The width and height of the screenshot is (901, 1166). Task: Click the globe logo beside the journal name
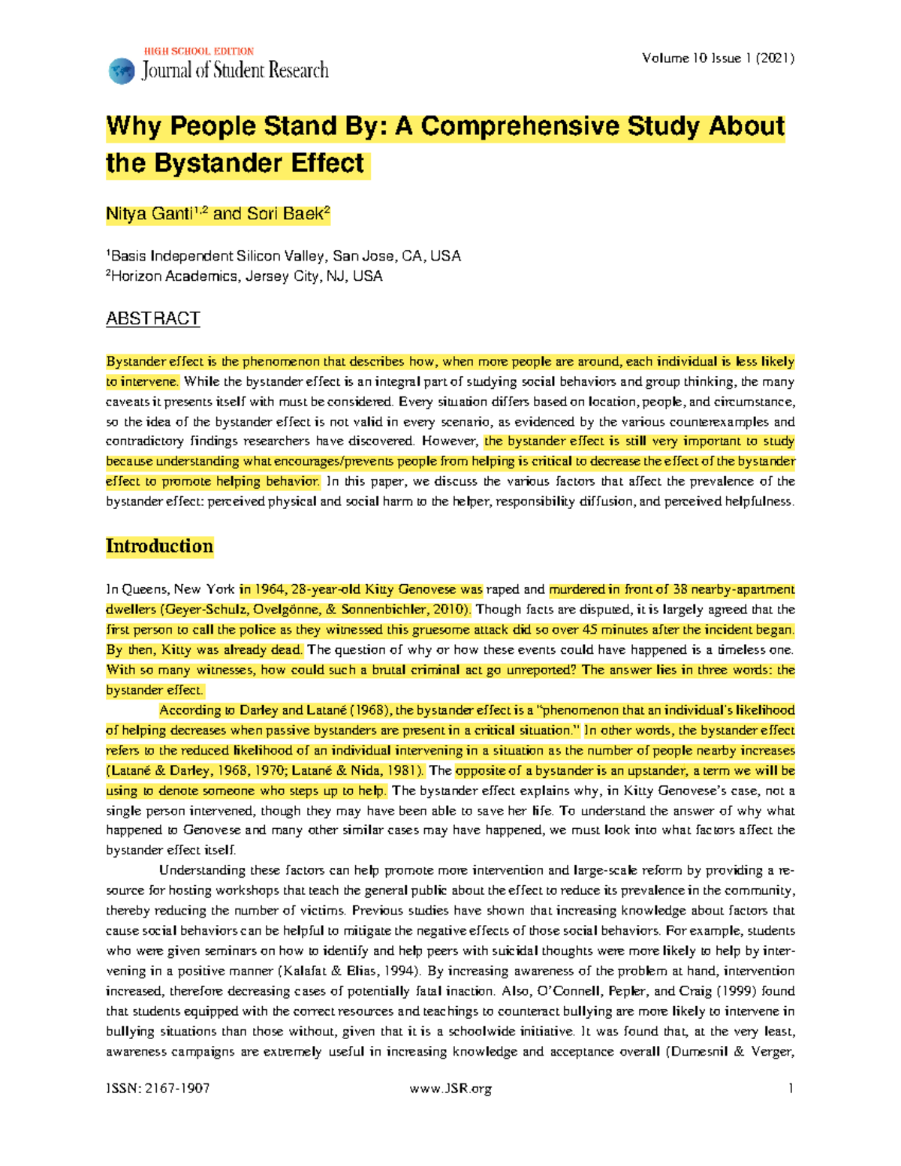121,71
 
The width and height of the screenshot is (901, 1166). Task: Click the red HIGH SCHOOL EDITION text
199,51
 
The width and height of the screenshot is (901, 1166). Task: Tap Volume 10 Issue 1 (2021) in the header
718,58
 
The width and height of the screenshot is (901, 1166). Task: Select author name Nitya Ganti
149,214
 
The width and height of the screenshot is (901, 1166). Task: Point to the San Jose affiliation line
284,256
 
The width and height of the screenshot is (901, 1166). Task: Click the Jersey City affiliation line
245,276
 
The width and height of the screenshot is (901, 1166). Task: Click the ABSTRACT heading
152,318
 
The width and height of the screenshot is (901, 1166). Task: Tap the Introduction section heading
159,546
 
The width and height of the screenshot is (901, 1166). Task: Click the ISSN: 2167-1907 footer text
158,1089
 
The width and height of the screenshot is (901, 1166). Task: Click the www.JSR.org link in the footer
450,1089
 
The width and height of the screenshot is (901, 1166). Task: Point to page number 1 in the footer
791,1089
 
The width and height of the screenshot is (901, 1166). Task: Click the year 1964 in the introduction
270,589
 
